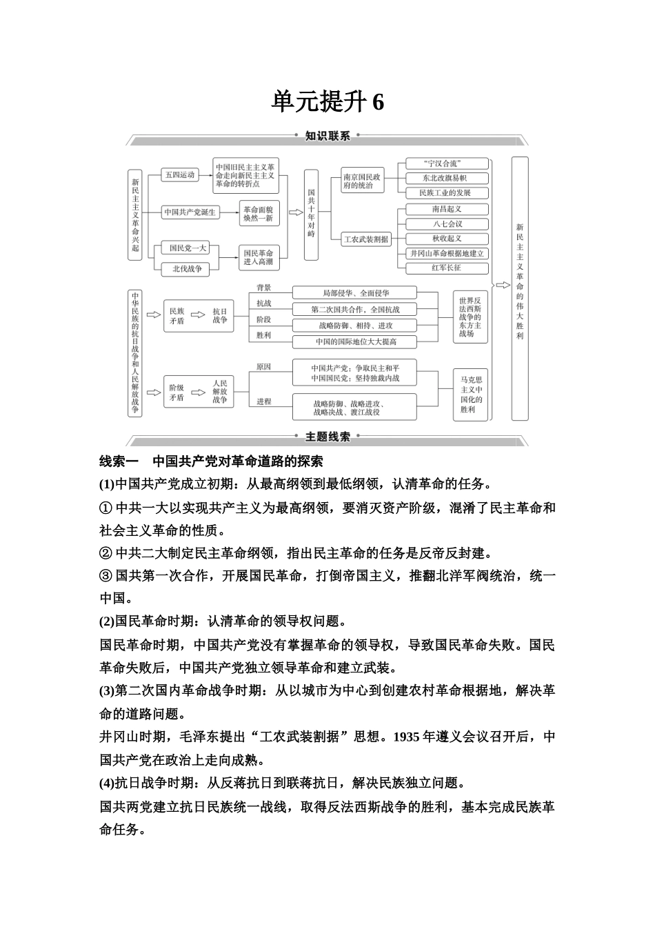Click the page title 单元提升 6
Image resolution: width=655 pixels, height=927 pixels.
pos(327,102)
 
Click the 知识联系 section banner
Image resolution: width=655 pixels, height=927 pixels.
pos(327,136)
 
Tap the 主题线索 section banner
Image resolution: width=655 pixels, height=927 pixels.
pos(327,436)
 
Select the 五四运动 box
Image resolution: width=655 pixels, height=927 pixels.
pos(179,175)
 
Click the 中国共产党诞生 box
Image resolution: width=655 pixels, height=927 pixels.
pos(190,212)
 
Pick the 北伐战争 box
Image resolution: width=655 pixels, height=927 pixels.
pos(187,269)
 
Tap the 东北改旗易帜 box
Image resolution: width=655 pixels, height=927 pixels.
pos(446,178)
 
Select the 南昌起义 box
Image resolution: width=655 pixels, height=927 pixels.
pos(446,209)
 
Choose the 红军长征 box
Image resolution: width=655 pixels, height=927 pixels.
pos(446,268)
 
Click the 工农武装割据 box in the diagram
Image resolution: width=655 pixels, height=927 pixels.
pos(366,239)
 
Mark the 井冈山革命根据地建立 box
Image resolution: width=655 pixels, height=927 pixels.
pos(446,253)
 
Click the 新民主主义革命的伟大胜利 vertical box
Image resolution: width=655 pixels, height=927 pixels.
pos(520,288)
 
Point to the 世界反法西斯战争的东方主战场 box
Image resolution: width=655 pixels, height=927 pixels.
pos(471,317)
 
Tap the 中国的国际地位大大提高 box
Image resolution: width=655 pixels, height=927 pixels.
pos(356,341)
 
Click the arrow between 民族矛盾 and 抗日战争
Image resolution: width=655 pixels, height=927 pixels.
pos(198,315)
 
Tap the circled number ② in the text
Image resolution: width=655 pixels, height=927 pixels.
pos(105,553)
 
